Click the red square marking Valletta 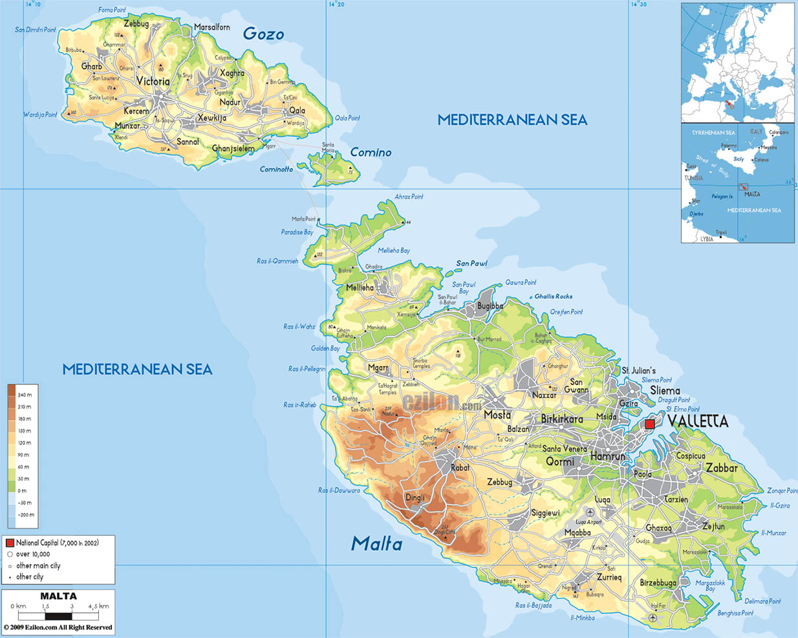650,424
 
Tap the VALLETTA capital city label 698,422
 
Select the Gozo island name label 263,34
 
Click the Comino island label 371,153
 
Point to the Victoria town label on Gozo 153,82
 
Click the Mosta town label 497,415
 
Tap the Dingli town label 415,498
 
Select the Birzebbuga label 658,583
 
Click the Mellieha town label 360,288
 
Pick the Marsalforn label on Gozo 212,27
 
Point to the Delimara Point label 762,601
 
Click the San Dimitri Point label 36,30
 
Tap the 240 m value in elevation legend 25,395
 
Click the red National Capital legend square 10,543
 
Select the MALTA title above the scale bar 58,596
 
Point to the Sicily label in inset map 739,159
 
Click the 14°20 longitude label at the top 336,5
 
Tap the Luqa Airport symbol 590,512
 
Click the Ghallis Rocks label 553,296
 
